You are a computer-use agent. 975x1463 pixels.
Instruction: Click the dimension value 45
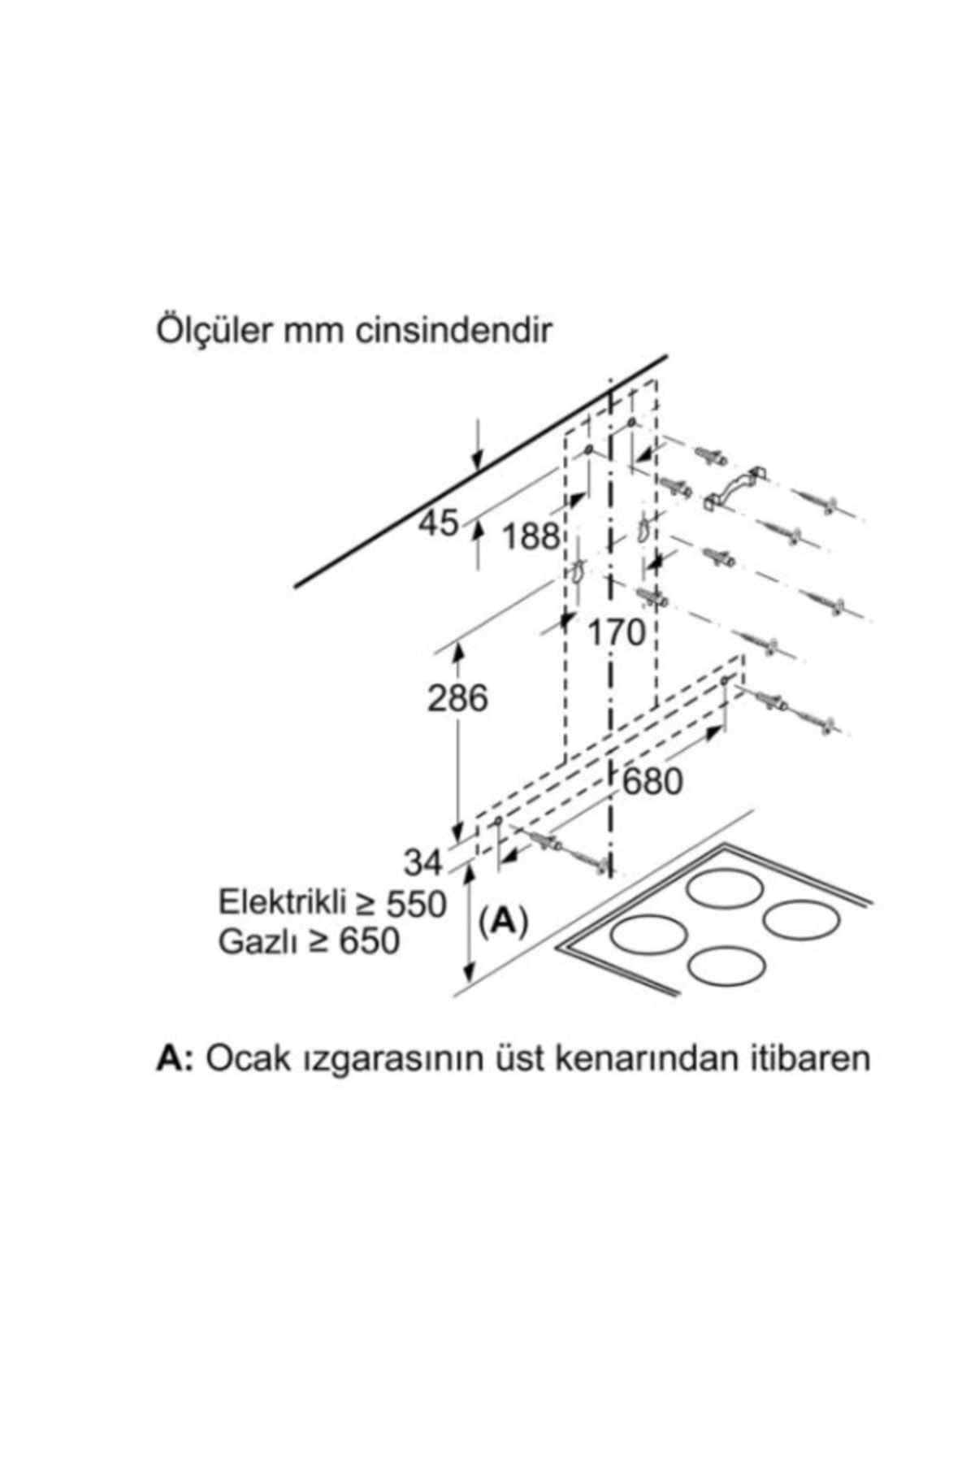pyautogui.click(x=439, y=523)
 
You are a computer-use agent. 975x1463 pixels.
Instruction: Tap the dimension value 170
pyautogui.click(x=616, y=632)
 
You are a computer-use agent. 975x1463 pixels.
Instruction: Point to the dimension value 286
pyautogui.click(x=458, y=698)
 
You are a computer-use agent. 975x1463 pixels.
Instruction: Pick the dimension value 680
pyautogui.click(x=652, y=782)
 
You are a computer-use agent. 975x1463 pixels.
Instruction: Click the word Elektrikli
pyautogui.click(x=274, y=903)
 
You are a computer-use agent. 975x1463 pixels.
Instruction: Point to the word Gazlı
pyautogui.click(x=253, y=942)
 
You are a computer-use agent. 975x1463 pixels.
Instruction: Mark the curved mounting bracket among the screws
pyautogui.click(x=735, y=489)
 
